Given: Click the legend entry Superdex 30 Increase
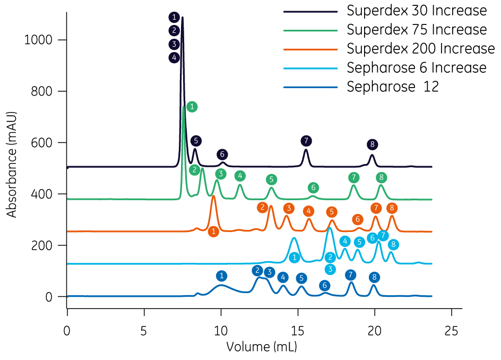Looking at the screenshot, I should (417, 10).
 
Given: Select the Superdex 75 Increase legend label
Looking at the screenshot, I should (417, 29).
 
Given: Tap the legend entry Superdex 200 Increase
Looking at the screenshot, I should (420, 48).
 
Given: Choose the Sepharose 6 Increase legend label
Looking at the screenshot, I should (417, 67).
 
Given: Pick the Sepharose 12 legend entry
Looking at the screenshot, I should (393, 87).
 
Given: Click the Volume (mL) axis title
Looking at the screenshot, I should (262, 347).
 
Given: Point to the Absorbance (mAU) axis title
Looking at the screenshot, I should (12, 164).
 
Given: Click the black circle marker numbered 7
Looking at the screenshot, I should (306, 141).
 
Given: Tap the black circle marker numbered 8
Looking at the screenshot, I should (373, 144).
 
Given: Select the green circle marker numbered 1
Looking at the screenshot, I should (192, 107).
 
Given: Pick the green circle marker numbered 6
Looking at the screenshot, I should (314, 187).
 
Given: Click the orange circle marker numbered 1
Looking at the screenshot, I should (213, 232).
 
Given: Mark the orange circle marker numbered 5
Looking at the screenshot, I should (332, 212).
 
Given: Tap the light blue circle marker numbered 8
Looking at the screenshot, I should (393, 244).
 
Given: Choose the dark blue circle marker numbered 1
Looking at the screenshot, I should (222, 276).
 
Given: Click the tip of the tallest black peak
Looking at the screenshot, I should (183, 18).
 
